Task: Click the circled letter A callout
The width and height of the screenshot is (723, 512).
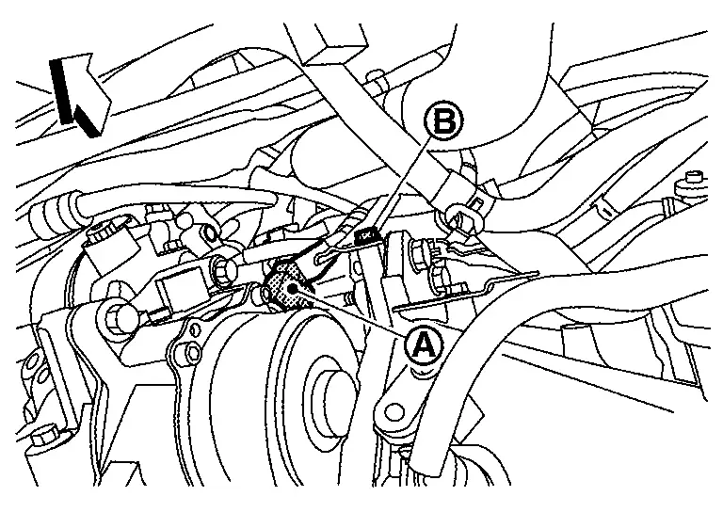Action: pyautogui.click(x=425, y=344)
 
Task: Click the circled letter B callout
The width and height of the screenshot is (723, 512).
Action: pyautogui.click(x=443, y=121)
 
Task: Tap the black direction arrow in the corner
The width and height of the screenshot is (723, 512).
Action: pyautogui.click(x=77, y=94)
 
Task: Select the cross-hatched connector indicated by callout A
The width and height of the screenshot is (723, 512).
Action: pyautogui.click(x=287, y=283)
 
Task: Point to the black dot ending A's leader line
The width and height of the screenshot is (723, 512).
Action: pyautogui.click(x=292, y=289)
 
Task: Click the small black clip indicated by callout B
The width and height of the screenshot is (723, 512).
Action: pyautogui.click(x=366, y=235)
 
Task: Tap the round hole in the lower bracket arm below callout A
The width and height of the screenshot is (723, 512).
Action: pyautogui.click(x=394, y=411)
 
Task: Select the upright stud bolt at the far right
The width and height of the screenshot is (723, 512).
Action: pyautogui.click(x=689, y=186)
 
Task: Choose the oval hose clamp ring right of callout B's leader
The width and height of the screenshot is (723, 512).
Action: pyautogui.click(x=463, y=220)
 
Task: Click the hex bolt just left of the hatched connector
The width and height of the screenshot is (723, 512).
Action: pyautogui.click(x=224, y=272)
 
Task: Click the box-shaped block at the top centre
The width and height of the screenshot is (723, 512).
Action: pyautogui.click(x=333, y=44)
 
